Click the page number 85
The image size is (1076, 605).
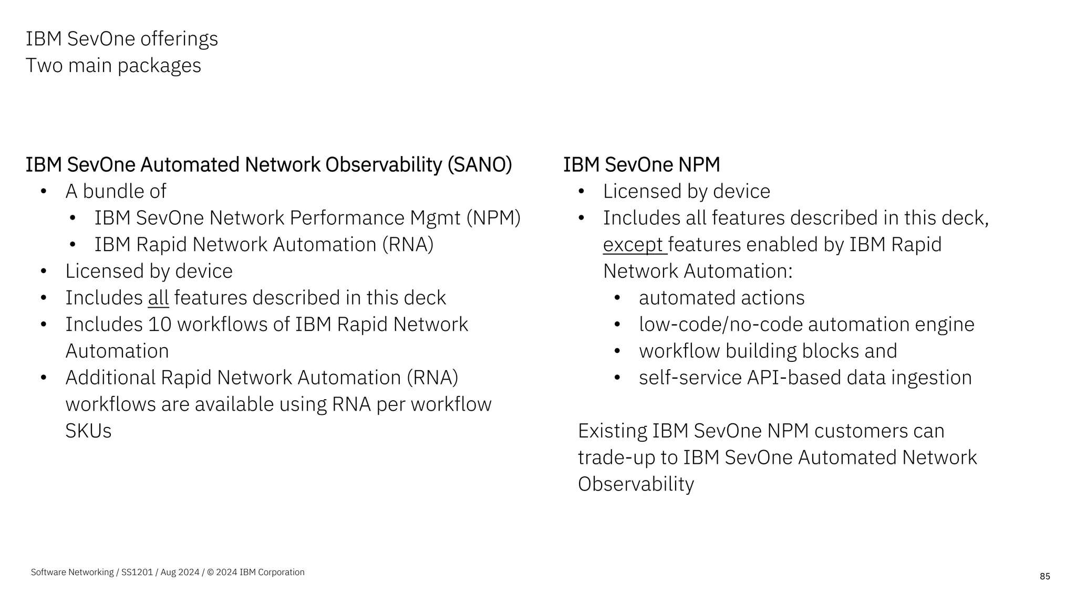(x=1044, y=577)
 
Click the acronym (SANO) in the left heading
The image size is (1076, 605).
(x=480, y=165)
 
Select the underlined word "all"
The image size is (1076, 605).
(x=158, y=298)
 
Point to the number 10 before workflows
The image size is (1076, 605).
(x=160, y=325)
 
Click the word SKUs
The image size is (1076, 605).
(x=88, y=431)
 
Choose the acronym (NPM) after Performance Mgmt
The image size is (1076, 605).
(x=493, y=218)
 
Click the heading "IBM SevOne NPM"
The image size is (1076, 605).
(x=641, y=165)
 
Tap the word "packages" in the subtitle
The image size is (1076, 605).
(x=159, y=66)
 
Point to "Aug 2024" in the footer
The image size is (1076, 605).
(x=180, y=572)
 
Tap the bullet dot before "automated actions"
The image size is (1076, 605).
(x=617, y=298)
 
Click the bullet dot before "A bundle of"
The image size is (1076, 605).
(x=44, y=192)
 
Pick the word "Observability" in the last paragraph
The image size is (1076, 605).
(x=636, y=484)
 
